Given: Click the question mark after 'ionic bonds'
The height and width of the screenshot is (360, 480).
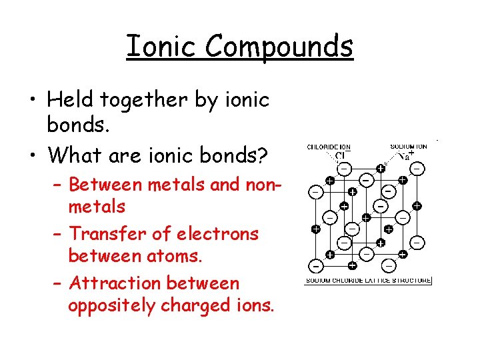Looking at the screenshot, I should coord(263,155).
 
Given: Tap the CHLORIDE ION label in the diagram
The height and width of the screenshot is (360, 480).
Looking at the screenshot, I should coord(328,147).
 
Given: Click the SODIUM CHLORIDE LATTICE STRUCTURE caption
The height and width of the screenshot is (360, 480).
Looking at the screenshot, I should coord(368,281).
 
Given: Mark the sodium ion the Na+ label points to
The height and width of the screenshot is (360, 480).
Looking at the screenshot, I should coord(380,169).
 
